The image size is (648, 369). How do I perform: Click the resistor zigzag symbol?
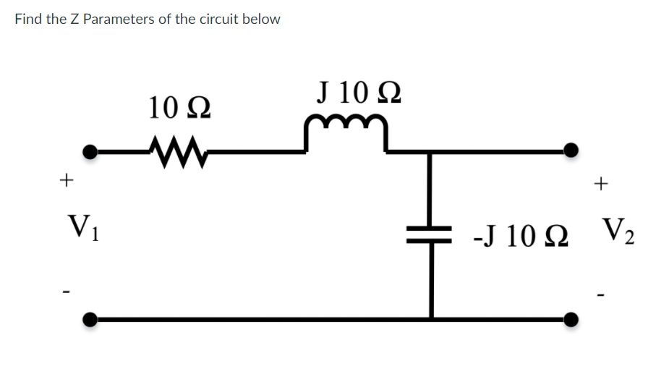coord(173,150)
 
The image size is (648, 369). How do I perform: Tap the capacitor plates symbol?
coord(431,234)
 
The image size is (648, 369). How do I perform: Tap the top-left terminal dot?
coord(90,151)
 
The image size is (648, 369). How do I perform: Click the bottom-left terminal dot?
coord(90,318)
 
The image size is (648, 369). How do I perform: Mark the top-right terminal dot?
coord(571,150)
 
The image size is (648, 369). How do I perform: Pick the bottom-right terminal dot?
coord(571,318)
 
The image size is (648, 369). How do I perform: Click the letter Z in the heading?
coord(74,20)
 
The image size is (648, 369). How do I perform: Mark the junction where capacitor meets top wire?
coord(431,151)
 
